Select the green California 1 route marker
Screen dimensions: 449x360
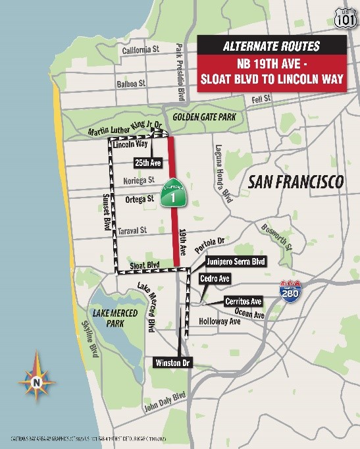click(172, 192)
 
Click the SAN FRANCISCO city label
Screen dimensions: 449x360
click(294, 182)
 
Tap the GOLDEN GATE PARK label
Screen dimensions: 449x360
click(204, 117)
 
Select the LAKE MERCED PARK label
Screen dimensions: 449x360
click(115, 319)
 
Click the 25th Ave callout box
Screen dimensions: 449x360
click(148, 162)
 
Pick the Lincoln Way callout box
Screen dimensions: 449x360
click(128, 144)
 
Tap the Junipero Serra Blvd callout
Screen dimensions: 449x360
click(235, 262)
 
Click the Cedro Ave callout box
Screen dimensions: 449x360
click(215, 279)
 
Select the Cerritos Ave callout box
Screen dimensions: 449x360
click(244, 302)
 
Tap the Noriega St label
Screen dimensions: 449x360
click(138, 180)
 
